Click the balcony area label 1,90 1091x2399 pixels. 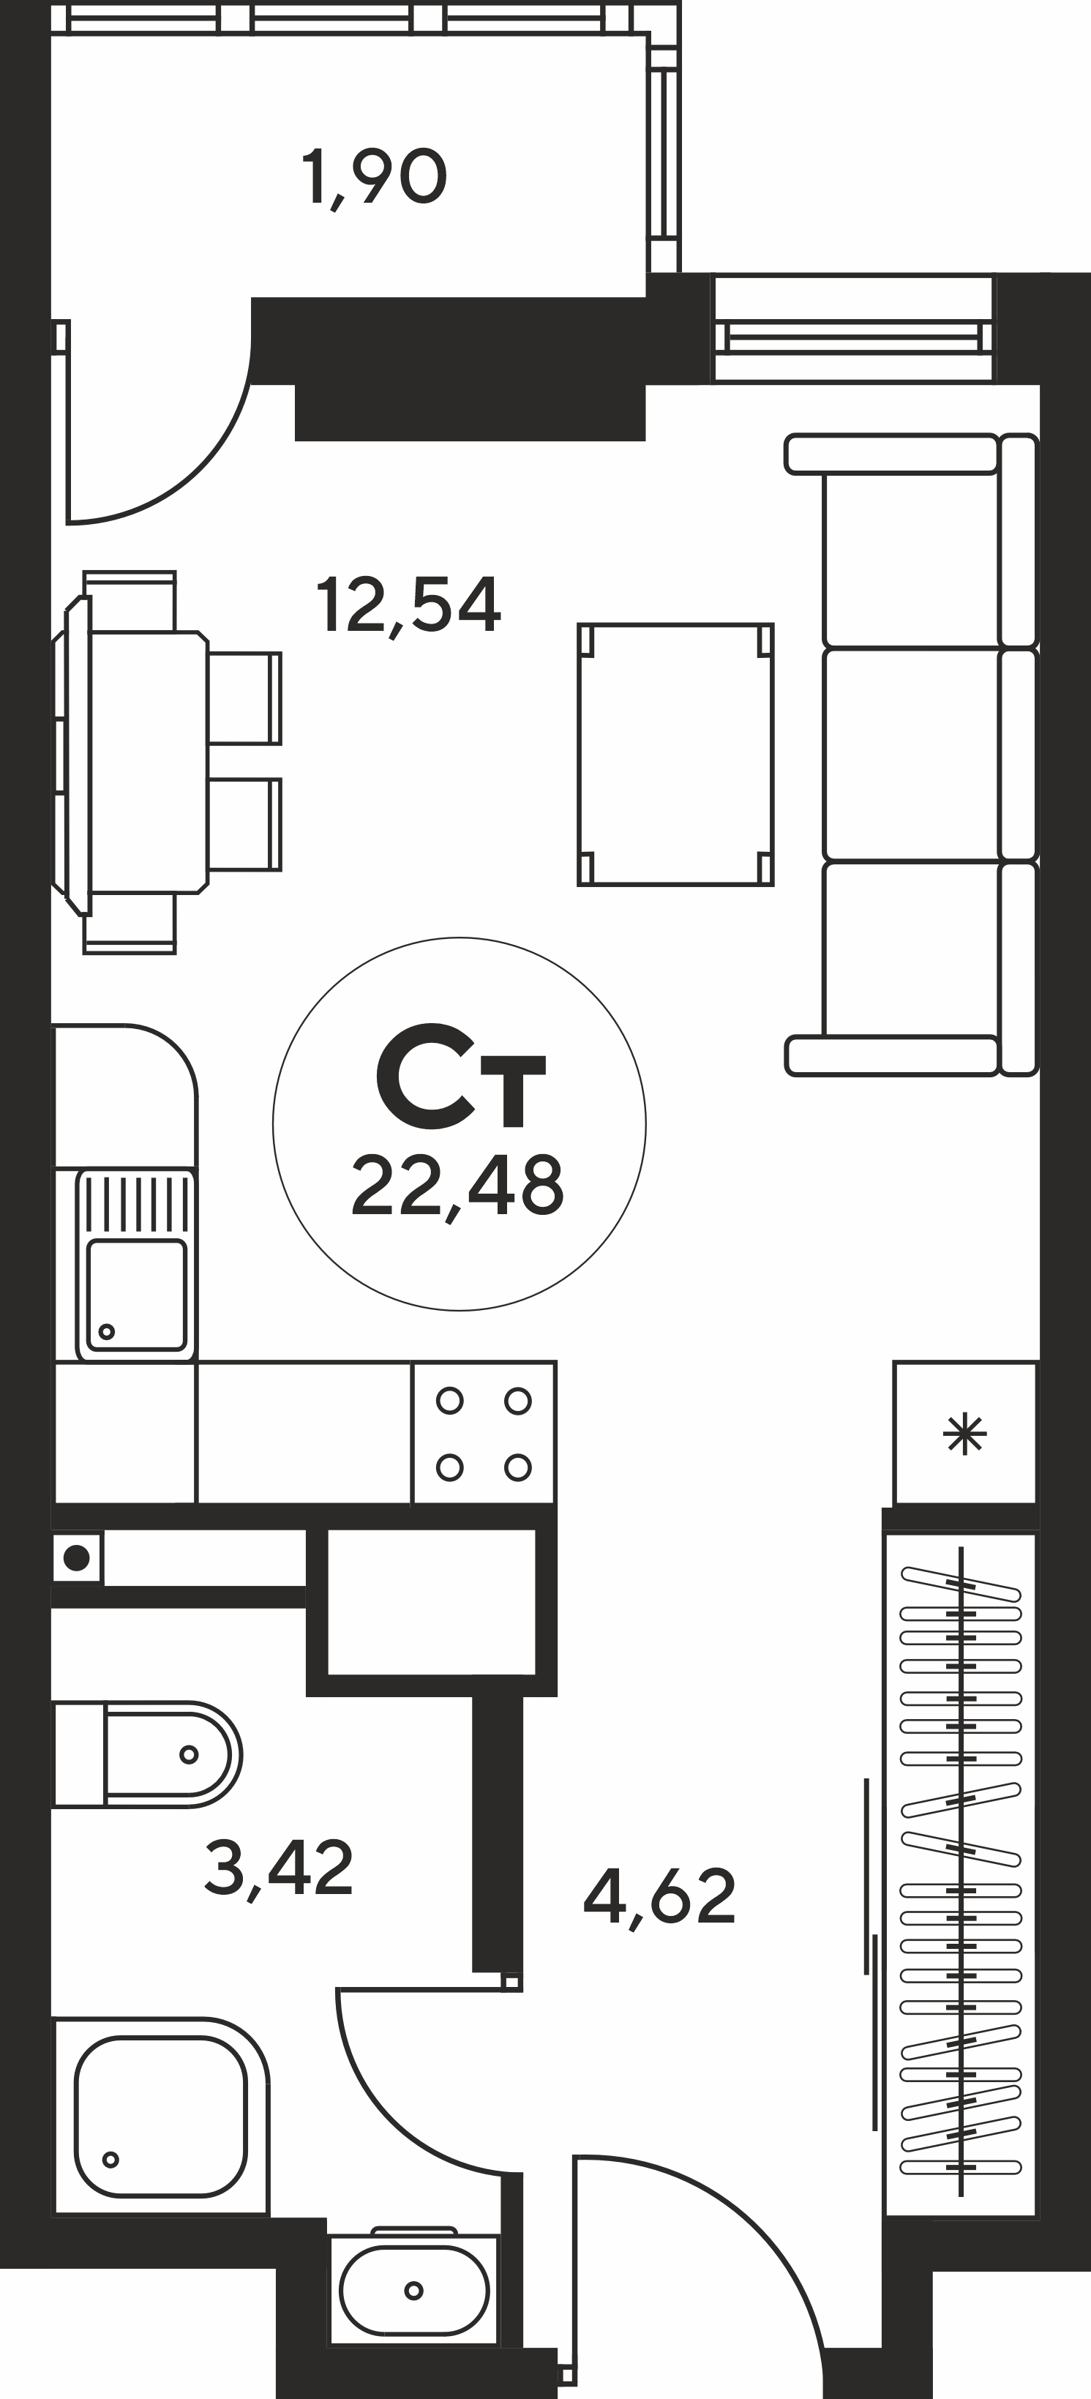(374, 179)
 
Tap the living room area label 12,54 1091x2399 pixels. (408, 606)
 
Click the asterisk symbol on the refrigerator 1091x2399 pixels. (965, 1435)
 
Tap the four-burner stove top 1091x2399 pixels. (484, 1433)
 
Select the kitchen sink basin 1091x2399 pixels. (136, 1295)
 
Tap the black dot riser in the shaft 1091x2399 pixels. (78, 1558)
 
